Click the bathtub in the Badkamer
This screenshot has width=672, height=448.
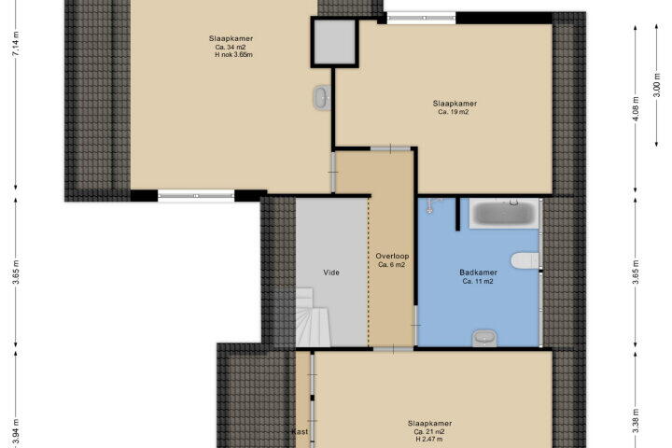505,213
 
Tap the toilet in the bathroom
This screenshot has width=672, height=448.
525,260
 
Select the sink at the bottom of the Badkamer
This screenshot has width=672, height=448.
484,338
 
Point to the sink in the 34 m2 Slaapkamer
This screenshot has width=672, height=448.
322,98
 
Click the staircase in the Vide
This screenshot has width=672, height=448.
313,317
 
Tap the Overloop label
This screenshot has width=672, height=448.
392,256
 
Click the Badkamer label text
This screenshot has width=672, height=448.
478,273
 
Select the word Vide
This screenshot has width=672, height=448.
331,273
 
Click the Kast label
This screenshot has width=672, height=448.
300,432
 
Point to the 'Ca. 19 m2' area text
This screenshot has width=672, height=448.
454,112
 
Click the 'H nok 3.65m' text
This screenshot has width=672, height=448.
233,55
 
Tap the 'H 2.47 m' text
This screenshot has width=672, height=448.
429,439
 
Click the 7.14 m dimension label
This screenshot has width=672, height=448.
16,44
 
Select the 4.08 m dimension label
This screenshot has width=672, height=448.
636,109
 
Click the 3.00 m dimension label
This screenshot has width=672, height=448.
656,85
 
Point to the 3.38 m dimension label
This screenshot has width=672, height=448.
636,421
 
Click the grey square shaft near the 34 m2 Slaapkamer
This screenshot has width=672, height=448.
334,42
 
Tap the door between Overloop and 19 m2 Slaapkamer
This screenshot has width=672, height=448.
391,148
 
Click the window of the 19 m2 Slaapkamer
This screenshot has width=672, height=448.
421,18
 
